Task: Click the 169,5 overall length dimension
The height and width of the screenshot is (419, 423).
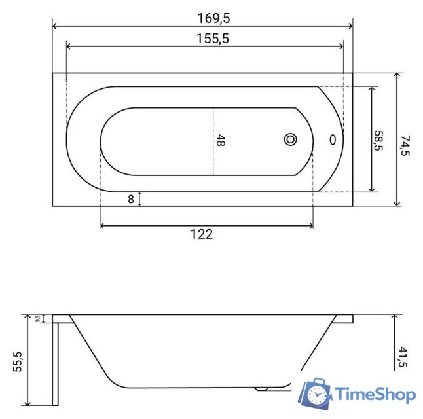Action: (x=213, y=18)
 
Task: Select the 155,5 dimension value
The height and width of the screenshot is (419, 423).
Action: (x=213, y=39)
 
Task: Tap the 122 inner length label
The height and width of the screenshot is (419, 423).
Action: (x=202, y=234)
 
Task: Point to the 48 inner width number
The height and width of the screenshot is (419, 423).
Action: (x=221, y=141)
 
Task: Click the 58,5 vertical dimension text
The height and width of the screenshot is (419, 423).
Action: (x=378, y=141)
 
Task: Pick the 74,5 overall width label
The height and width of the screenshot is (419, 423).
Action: (x=405, y=146)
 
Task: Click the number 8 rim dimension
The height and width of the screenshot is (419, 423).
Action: (x=131, y=200)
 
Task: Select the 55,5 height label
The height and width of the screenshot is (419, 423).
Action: (x=18, y=362)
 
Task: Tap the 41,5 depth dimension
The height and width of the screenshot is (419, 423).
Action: (x=403, y=357)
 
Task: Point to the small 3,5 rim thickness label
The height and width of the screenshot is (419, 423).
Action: (x=37, y=319)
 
